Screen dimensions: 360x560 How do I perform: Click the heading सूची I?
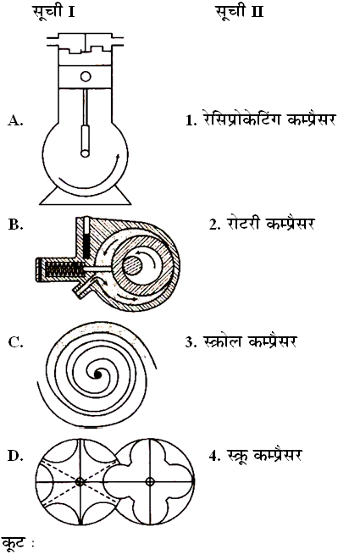[x=54, y=12]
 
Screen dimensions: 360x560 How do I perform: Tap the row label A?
[x=15, y=120]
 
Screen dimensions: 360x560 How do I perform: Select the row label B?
[x=15, y=225]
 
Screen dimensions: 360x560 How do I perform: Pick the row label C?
[x=15, y=341]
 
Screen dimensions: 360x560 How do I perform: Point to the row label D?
[x=15, y=456]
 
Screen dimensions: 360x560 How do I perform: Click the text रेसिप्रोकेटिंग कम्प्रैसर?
[x=261, y=119]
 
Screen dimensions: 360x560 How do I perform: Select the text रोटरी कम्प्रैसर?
[x=262, y=224]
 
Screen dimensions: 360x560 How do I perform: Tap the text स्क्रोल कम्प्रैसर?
[x=241, y=341]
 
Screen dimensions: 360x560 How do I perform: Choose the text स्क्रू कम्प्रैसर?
[x=256, y=456]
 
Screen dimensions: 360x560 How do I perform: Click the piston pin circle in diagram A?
[x=86, y=76]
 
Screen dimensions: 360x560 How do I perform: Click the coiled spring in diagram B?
[x=64, y=269]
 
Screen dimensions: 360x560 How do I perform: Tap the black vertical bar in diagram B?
[x=86, y=238]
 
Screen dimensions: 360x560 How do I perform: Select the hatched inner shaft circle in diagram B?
[x=132, y=266]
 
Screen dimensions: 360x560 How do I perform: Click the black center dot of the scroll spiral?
[x=97, y=374]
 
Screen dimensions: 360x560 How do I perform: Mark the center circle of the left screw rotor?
[x=80, y=482]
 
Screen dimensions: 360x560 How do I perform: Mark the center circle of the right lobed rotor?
[x=150, y=482]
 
